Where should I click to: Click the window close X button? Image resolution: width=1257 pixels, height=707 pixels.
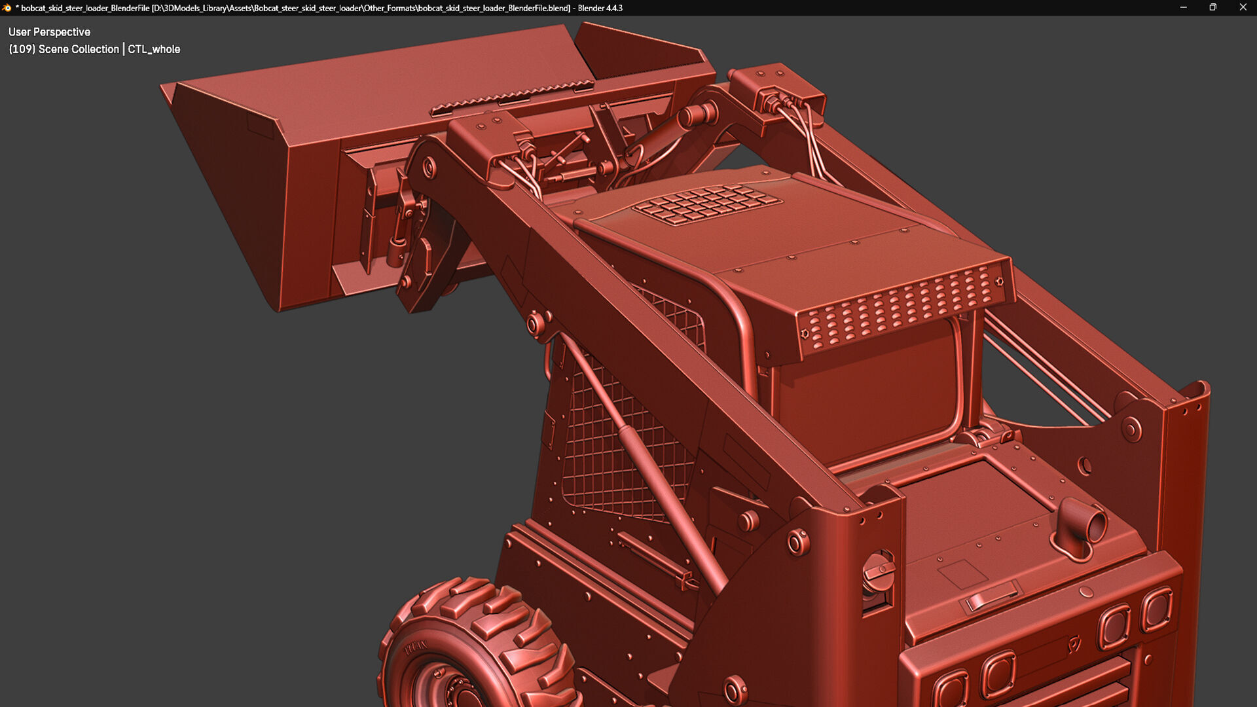pos(1243,7)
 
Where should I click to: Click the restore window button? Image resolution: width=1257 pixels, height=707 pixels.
pos(1212,7)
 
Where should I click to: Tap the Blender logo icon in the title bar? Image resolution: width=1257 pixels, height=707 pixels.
pos(7,8)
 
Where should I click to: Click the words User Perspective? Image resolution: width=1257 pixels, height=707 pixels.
pos(49,31)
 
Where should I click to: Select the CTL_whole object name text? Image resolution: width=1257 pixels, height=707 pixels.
pos(154,49)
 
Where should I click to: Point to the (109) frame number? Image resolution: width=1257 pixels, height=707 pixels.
pos(22,49)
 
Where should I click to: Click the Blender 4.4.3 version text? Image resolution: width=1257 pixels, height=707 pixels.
pos(600,8)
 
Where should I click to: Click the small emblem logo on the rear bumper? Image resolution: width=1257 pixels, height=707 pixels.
pos(1074,644)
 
